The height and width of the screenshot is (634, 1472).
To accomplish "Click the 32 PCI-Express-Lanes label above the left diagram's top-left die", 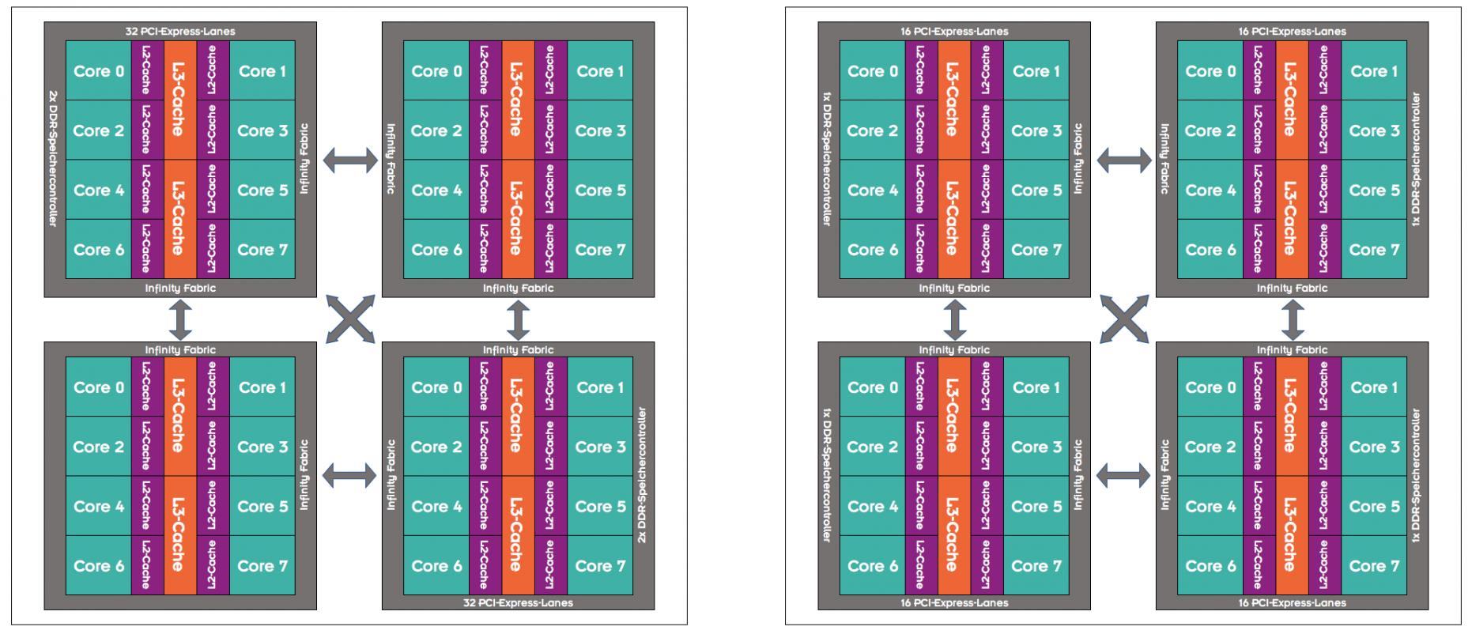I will coord(180,32).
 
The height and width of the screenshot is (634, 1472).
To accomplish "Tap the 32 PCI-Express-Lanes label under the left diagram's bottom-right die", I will coord(518,602).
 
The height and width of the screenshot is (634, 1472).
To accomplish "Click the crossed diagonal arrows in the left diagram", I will coord(350,319).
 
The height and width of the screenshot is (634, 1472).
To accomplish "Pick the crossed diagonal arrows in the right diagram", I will coord(1123,319).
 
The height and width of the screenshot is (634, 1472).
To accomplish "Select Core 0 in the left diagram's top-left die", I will coord(99,71).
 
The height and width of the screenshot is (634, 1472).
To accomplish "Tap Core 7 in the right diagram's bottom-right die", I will coord(1374,566).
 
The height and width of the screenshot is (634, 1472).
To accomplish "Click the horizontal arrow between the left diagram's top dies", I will coord(350,160).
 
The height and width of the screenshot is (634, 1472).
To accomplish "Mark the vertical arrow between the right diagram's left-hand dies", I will coord(956,319).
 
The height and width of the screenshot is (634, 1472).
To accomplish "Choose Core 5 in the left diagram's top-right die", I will coord(600,191).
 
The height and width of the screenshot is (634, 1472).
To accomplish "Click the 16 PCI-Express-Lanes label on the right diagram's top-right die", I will coord(1292,32).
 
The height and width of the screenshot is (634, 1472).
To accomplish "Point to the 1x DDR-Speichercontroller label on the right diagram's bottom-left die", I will coord(827,475).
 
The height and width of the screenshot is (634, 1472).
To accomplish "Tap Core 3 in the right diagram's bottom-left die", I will coord(1036,447).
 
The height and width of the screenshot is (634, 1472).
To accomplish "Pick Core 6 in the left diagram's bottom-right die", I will coord(436,566).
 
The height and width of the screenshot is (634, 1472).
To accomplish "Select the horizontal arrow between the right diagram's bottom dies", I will coord(1123,476).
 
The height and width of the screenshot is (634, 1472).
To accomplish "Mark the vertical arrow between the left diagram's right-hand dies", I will coord(518,319).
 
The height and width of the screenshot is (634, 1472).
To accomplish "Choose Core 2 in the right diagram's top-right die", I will coord(1210,131).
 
